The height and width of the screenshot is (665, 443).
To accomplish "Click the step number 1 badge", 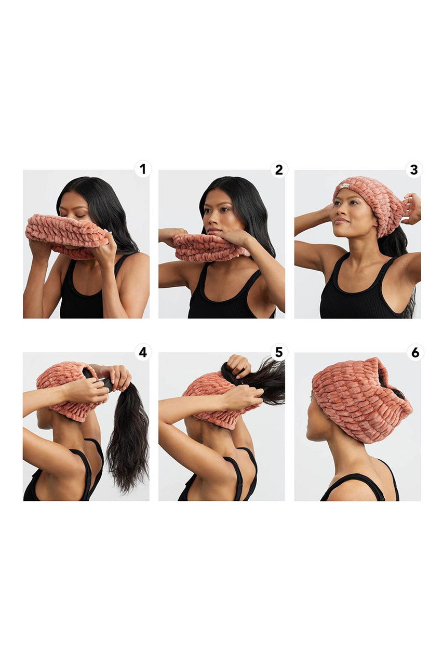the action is [143, 169].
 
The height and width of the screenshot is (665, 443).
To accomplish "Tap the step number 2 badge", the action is [278, 169].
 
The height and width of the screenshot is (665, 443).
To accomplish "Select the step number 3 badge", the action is [413, 169].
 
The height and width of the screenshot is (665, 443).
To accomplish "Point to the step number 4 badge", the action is [143, 352].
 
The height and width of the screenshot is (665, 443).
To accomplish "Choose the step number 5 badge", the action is [278, 352].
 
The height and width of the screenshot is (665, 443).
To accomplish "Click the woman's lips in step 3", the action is [341, 221].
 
